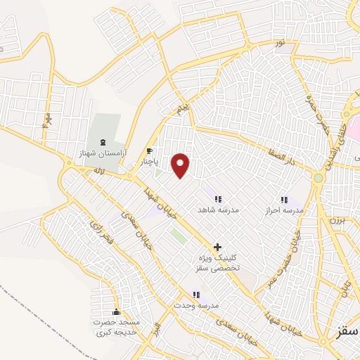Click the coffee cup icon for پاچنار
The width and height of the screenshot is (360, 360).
[149, 151]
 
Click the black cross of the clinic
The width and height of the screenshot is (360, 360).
[217, 247]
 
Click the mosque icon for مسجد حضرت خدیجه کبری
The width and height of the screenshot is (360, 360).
[117, 311]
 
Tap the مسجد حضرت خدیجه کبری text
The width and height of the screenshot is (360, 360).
[117, 327]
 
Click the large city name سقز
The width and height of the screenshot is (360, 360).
[345, 330]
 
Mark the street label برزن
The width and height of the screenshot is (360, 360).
[335, 220]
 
